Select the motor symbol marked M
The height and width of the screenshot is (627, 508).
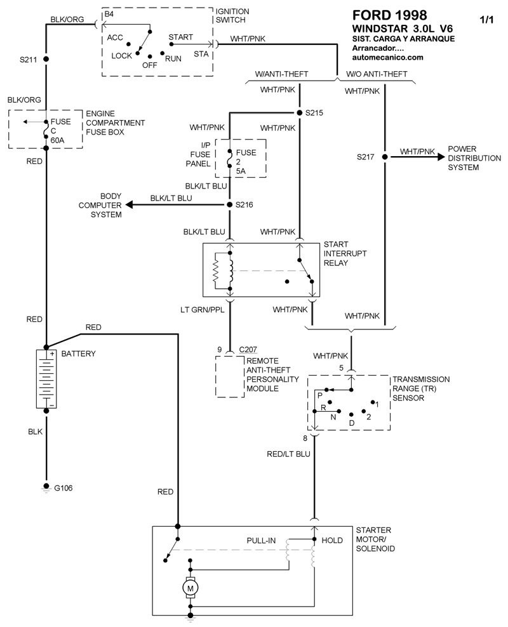point(190,589)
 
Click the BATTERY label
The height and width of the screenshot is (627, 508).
point(78,353)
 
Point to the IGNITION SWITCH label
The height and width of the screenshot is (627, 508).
point(232,15)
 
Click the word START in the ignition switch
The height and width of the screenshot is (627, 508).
point(181,37)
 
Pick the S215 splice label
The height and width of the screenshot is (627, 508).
point(315,113)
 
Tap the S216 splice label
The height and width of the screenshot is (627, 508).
point(244,205)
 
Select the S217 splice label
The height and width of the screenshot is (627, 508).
point(366,155)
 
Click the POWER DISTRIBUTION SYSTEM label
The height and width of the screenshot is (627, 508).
point(471,158)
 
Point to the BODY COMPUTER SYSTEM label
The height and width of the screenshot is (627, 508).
point(100,206)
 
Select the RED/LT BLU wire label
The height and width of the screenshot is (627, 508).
point(288,454)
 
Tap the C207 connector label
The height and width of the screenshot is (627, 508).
point(249,350)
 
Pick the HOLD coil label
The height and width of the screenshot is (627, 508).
point(333,540)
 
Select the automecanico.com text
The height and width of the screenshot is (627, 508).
point(387,57)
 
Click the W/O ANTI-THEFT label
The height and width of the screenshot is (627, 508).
point(377,74)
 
